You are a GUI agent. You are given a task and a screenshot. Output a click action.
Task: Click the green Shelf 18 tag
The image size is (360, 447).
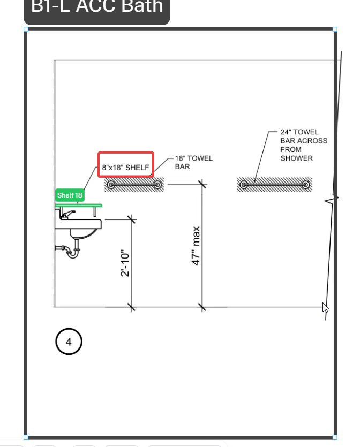coord(70,195)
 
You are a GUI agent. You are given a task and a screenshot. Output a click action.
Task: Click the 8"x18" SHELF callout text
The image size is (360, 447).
coord(126,168)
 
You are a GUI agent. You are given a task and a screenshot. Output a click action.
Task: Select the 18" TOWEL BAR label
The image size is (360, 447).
coord(193,162)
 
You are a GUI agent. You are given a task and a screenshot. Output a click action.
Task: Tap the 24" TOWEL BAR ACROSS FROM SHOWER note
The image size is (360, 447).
coord(303,145)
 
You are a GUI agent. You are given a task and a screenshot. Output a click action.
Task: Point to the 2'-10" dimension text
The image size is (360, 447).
coord(125,263)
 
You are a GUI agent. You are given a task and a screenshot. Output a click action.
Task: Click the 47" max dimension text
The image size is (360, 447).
coord(196,246)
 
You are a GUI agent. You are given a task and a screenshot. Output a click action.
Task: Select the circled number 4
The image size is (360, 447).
coord(69,342)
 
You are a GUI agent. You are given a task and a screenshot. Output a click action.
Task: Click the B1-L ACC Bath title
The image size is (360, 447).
coord(97,7)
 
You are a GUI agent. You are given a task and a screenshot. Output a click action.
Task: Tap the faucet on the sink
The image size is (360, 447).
coord(67,215)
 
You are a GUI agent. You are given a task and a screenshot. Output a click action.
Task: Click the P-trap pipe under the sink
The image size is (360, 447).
coord(71,252)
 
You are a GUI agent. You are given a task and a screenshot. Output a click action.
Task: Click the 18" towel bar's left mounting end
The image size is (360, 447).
coord(111,185)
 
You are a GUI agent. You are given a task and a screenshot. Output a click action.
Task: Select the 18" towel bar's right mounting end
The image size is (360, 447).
coord(157,185)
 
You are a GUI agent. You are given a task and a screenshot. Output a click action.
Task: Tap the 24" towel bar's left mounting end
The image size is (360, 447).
coord(244,185)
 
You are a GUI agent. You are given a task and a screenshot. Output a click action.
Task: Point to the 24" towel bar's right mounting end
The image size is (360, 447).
coord(305,185)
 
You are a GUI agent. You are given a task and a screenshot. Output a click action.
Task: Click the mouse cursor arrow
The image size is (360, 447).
coord(325,307)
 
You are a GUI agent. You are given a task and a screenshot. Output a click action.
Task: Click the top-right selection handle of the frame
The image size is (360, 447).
coord(335,30)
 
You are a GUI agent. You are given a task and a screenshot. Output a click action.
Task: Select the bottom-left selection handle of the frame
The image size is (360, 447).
coord(26,437)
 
